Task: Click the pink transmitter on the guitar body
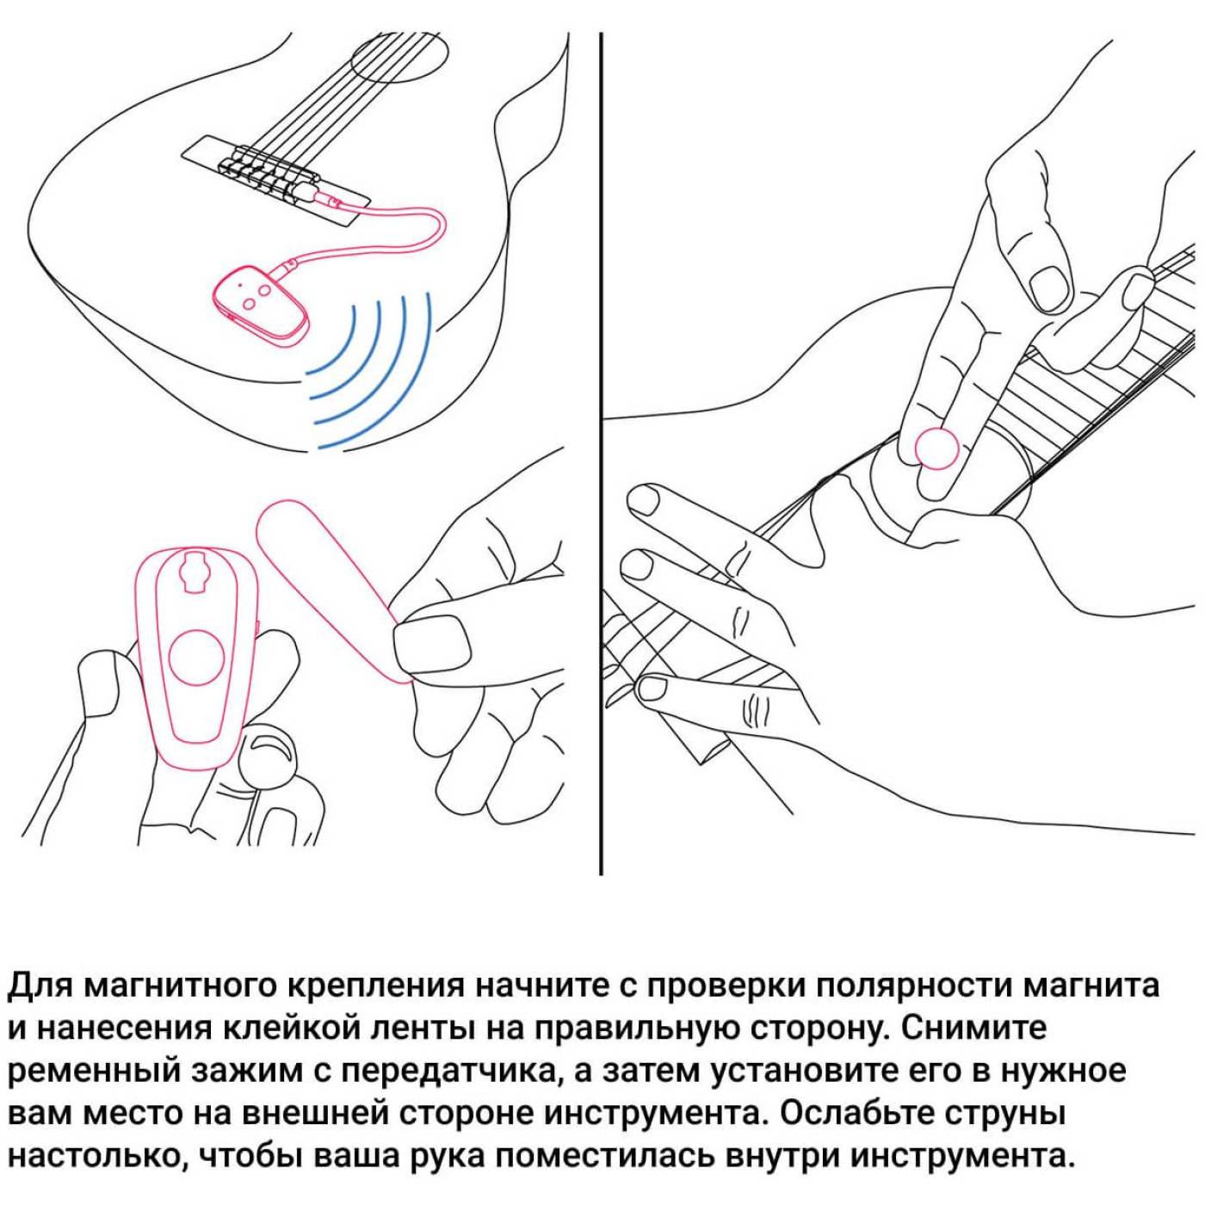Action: tap(258, 302)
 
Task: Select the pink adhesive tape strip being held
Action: tap(332, 589)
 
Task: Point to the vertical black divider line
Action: tap(600, 454)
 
